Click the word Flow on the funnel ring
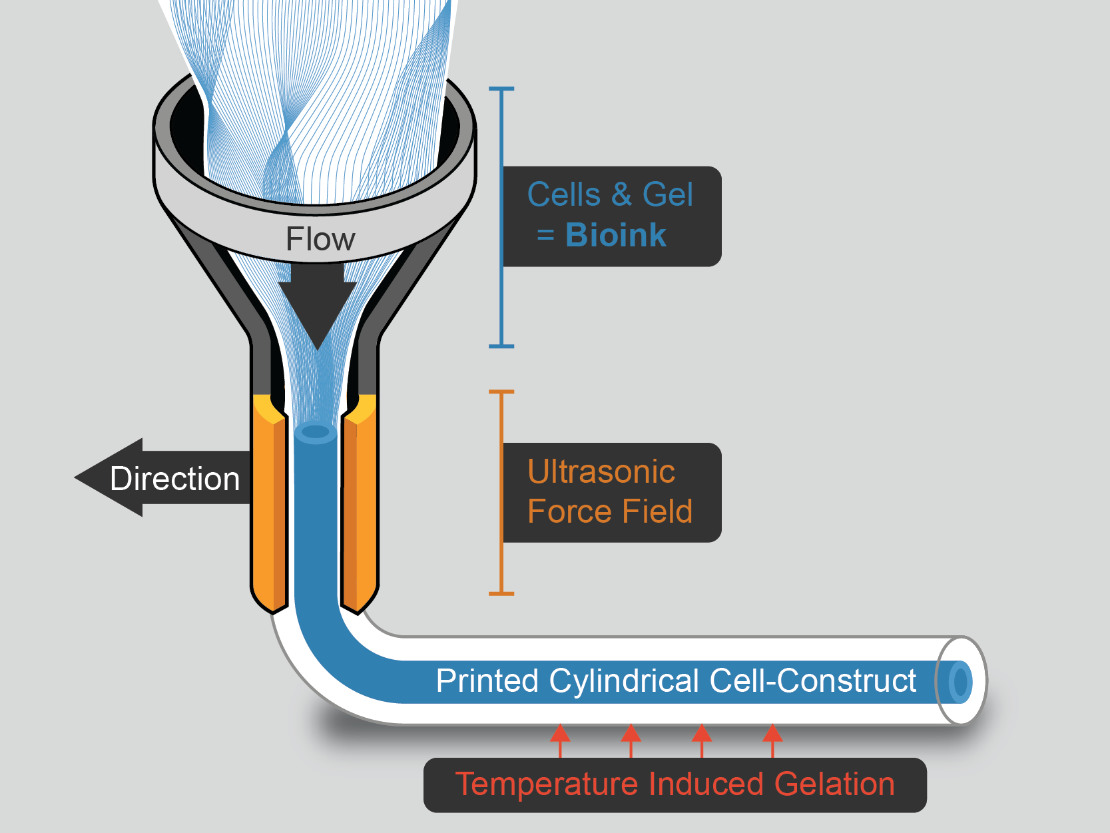(x=320, y=239)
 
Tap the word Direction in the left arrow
(x=175, y=479)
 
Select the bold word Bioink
(x=616, y=235)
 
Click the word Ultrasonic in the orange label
(x=601, y=471)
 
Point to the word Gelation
(x=834, y=784)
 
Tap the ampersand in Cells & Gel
(x=621, y=194)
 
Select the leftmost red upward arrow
(x=560, y=740)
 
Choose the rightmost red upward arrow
(x=772, y=740)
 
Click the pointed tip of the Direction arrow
(x=75, y=477)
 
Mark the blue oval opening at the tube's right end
(x=960, y=682)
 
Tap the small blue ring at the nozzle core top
(x=315, y=433)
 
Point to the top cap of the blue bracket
(x=501, y=89)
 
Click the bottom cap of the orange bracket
(x=501, y=594)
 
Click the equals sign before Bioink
(x=545, y=235)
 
